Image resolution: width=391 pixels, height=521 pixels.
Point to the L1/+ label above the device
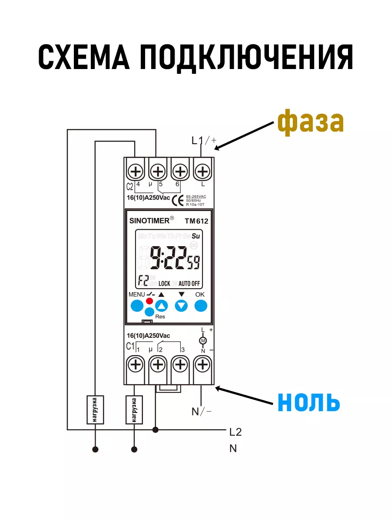click(204, 140)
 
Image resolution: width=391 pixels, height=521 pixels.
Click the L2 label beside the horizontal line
click(235, 432)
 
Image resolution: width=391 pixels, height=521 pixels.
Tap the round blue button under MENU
click(136, 306)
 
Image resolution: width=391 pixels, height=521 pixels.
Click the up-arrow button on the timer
click(162, 306)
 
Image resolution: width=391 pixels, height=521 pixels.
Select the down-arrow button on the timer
click(181, 306)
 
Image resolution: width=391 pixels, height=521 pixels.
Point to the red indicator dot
click(150, 301)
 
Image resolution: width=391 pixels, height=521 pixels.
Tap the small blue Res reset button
click(149, 312)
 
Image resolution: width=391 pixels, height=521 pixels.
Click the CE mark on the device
click(177, 200)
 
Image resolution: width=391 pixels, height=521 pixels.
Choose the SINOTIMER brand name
click(149, 221)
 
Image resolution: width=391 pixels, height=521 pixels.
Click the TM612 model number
click(196, 221)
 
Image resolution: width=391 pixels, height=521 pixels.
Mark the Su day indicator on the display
click(196, 236)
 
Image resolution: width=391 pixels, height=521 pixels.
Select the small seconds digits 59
click(194, 262)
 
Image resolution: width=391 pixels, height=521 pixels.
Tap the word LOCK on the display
click(164, 284)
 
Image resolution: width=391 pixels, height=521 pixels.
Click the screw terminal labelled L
click(202, 172)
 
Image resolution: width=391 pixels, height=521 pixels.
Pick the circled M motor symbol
click(202, 340)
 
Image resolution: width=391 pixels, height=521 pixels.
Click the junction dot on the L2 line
click(156, 430)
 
